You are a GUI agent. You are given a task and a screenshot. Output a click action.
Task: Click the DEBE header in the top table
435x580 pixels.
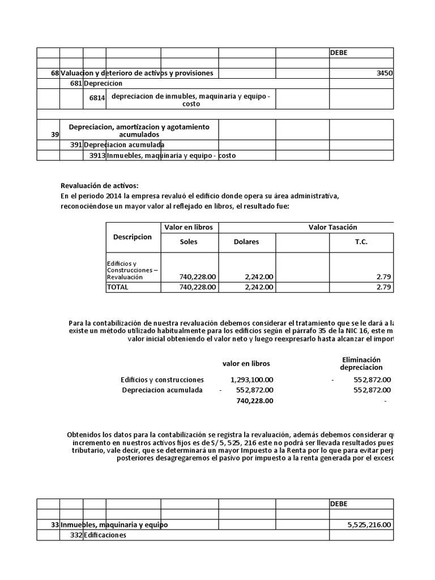[x=339, y=53]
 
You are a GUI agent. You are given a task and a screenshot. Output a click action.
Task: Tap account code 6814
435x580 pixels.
[x=97, y=98]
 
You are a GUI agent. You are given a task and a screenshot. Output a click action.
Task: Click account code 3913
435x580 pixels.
[x=97, y=156]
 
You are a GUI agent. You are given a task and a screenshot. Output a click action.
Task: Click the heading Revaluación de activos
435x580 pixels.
[x=99, y=186]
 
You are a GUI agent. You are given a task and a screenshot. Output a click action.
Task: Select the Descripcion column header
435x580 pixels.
[x=133, y=237]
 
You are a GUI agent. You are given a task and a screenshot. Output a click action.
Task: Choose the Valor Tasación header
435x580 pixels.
[x=332, y=227]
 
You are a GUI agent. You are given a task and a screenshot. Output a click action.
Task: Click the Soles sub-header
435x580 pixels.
[x=189, y=242]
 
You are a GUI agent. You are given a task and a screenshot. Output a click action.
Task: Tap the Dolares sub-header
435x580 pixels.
[x=246, y=242]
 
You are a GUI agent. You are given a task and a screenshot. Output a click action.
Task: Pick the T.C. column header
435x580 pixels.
[x=361, y=242]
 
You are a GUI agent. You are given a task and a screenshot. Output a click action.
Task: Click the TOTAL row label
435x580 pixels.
[x=118, y=287]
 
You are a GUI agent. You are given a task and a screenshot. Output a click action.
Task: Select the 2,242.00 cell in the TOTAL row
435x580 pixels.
[x=259, y=287]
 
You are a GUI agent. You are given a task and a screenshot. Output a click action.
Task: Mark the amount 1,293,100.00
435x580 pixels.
[x=252, y=379]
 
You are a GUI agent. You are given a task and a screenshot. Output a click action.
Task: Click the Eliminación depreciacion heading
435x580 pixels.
[x=361, y=363]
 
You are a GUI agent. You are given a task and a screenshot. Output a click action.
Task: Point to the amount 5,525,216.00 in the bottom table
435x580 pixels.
[x=369, y=525]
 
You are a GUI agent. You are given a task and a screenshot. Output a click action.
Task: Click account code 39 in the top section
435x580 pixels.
[x=54, y=135]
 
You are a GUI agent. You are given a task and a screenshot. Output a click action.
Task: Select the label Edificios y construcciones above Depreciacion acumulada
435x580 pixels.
[x=162, y=379]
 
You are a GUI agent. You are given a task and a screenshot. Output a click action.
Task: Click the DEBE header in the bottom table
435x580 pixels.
[x=339, y=504]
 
